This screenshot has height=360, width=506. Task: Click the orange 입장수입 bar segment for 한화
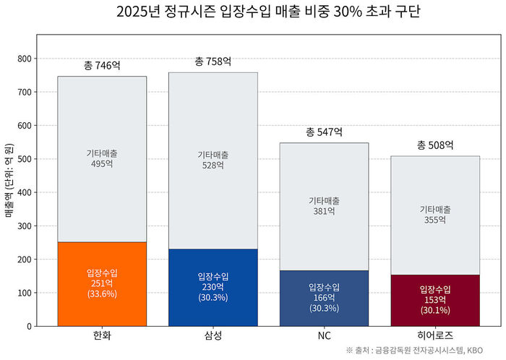click(102, 283)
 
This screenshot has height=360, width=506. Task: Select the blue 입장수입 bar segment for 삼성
click(213, 287)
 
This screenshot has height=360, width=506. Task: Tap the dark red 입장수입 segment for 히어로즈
click(435, 300)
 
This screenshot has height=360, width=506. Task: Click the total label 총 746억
click(102, 66)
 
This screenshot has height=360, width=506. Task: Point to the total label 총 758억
click(213, 61)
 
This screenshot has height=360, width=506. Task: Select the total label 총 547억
click(324, 132)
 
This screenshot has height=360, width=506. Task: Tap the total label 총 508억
click(435, 145)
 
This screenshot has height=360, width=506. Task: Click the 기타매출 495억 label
click(102, 159)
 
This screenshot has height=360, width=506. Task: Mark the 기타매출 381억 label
click(324, 206)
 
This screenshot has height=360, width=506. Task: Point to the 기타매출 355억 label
click(435, 215)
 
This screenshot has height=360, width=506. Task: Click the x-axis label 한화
click(102, 336)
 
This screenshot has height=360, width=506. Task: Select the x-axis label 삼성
click(213, 336)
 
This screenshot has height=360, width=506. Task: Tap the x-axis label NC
click(324, 336)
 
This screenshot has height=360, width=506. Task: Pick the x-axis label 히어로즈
click(435, 336)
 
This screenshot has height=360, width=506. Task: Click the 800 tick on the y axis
click(23, 59)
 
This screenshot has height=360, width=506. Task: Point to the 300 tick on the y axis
click(23, 226)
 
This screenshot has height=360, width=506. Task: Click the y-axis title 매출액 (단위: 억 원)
click(9, 180)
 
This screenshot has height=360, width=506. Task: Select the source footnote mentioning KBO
click(424, 351)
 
